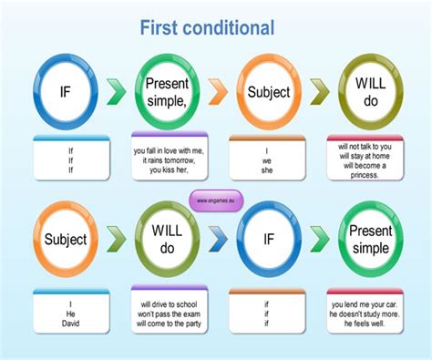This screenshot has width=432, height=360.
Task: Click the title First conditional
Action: pyautogui.click(x=207, y=27)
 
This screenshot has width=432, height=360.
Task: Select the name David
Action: pyautogui.click(x=71, y=323)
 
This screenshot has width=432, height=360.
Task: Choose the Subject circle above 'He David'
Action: pyautogui.click(x=66, y=241)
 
